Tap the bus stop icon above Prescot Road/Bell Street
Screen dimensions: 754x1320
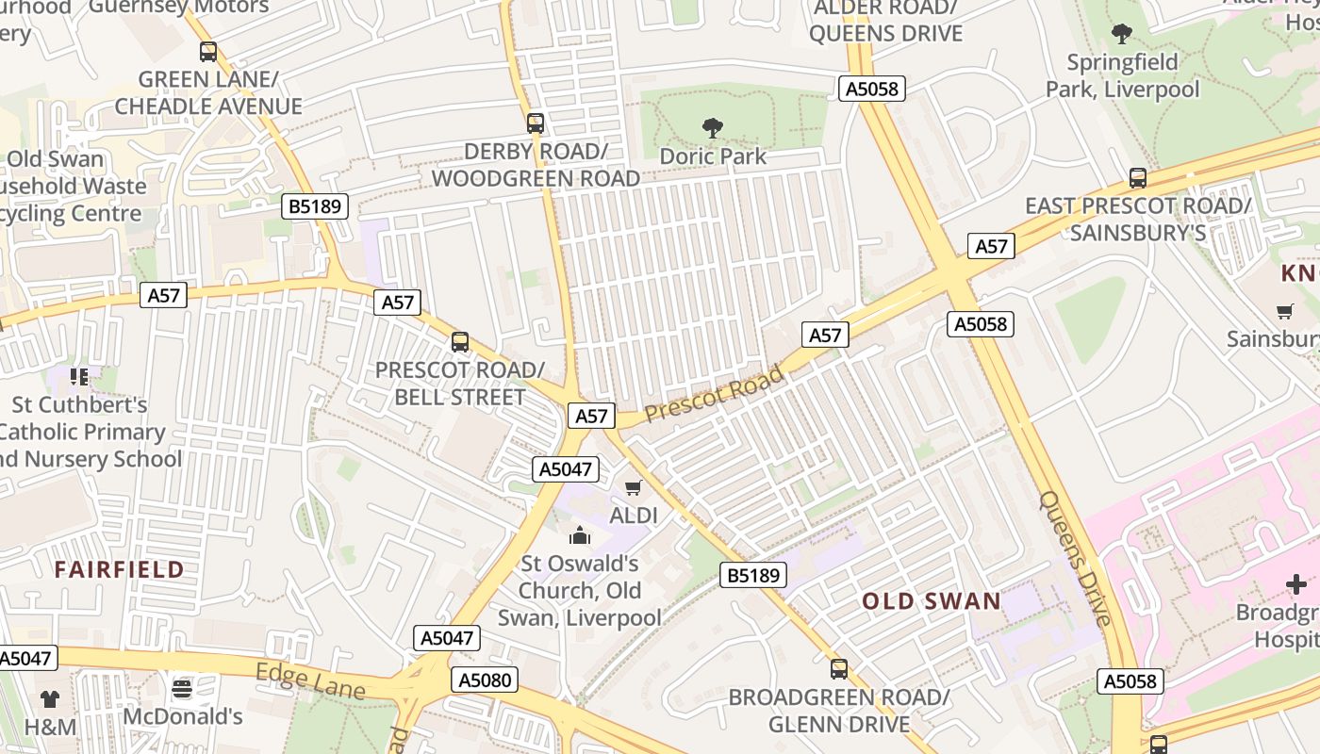tap(460, 342)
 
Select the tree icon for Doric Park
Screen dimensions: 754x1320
tap(713, 127)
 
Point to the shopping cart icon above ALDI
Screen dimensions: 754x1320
tap(634, 487)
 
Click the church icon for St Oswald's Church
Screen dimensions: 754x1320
tap(579, 536)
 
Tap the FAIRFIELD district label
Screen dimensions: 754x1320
tap(119, 569)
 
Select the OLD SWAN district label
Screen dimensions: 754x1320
tap(932, 601)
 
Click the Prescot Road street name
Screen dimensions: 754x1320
tap(714, 395)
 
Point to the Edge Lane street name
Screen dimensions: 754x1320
tap(310, 680)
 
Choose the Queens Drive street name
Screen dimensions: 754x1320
tap(1075, 557)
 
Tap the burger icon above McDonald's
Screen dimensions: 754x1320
tap(182, 688)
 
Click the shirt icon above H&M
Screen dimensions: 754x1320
tap(50, 698)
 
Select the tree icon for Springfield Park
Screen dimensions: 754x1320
tap(1122, 35)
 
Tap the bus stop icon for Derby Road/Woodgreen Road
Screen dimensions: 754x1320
tap(536, 123)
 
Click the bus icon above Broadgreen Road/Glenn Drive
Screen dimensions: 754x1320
tap(838, 669)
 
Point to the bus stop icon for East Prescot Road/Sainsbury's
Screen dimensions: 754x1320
tap(1138, 177)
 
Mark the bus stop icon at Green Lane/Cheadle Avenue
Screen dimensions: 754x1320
tap(208, 52)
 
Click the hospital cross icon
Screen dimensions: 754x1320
tap(1296, 584)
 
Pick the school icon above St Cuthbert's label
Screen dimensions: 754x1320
tap(79, 377)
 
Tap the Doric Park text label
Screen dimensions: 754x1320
tap(713, 156)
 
